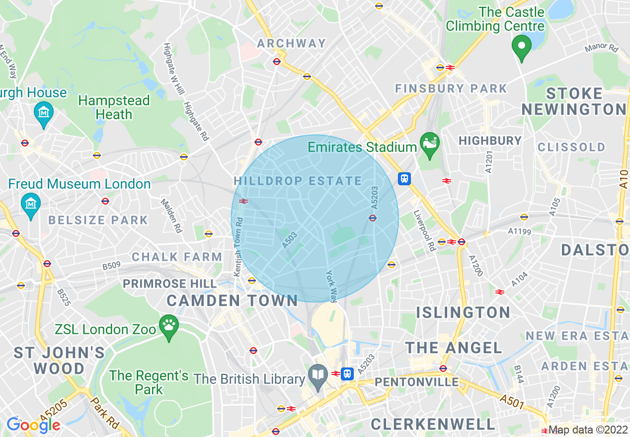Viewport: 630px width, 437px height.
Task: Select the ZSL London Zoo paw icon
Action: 169,326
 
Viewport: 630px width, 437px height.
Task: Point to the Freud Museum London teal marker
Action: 31,203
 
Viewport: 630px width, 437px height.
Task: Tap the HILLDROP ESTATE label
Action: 298,181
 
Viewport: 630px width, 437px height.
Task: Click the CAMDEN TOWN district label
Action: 232,300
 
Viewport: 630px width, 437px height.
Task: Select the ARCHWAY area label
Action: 292,43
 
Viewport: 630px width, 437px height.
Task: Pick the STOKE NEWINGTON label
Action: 574,101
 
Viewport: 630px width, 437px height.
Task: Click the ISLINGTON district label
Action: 463,312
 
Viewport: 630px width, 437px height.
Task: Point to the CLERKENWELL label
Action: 433,424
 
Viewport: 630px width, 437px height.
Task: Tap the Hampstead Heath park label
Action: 114,107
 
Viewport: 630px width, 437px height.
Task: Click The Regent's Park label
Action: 149,382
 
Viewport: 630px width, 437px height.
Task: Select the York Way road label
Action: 331,286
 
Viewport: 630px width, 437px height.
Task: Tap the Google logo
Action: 33,425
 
